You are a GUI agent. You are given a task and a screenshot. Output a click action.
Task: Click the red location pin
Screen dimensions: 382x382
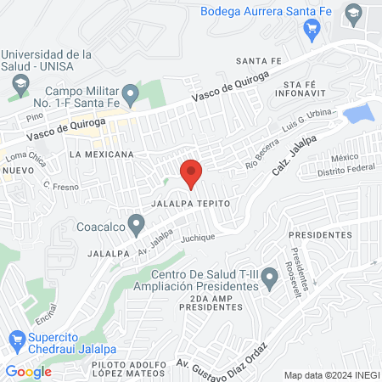click(x=191, y=173)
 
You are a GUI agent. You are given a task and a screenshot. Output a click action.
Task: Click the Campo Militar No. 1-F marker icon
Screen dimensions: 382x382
click(x=130, y=93)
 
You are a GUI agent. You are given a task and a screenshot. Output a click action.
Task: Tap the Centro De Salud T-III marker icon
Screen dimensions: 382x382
click(x=269, y=277)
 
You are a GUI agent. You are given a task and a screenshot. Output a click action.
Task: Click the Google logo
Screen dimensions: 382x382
click(x=28, y=371)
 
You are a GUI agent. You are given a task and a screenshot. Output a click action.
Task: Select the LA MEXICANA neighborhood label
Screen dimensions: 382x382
click(x=102, y=154)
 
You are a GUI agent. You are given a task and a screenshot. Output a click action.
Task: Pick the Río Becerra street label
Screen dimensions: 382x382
click(x=262, y=149)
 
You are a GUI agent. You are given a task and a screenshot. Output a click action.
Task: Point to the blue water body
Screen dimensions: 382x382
click(x=357, y=113)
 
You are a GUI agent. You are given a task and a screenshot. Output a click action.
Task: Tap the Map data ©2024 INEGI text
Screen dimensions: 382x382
click(x=330, y=374)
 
